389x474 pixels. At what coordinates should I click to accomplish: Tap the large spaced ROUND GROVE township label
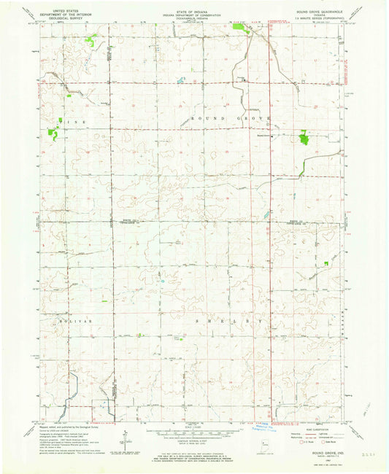(x=231, y=117)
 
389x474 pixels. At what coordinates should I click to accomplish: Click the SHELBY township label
(x=227, y=321)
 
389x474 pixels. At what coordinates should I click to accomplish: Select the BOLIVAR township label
(x=69, y=319)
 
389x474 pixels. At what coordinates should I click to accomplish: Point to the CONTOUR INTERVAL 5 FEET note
(x=193, y=446)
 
